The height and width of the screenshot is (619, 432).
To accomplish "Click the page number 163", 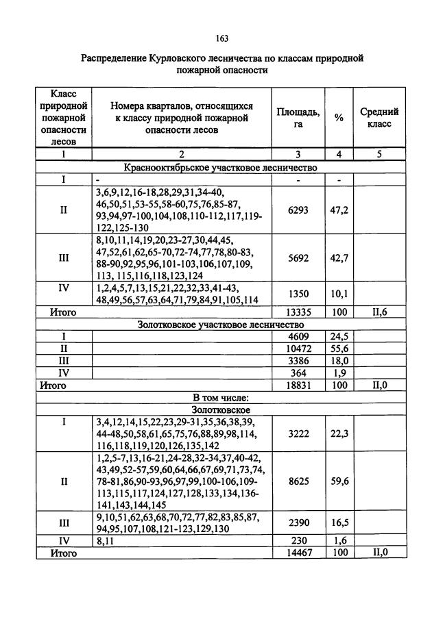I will pyautogui.click(x=221, y=38).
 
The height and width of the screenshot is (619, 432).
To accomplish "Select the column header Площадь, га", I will pyautogui.click(x=298, y=118).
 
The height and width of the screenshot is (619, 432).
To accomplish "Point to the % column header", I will pyautogui.click(x=339, y=118).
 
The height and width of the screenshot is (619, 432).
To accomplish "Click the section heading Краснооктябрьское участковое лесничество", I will pyautogui.click(x=220, y=167).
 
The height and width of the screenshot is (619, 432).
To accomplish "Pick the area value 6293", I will pyautogui.click(x=298, y=210).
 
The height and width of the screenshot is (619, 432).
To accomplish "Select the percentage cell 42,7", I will pyautogui.click(x=339, y=258).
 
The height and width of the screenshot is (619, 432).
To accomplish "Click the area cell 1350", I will pyautogui.click(x=298, y=294).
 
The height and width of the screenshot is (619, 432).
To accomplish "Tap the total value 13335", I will pyautogui.click(x=298, y=312).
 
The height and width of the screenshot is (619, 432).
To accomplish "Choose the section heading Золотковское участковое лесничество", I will pyautogui.click(x=220, y=325).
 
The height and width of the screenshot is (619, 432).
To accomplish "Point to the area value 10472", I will pyautogui.click(x=298, y=349).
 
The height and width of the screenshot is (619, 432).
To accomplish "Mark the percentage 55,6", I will pyautogui.click(x=339, y=349).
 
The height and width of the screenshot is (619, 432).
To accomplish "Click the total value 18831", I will pyautogui.click(x=298, y=386).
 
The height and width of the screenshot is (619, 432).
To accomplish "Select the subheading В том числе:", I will pyautogui.click(x=220, y=398).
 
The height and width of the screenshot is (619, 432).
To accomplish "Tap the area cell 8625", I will pyautogui.click(x=298, y=481).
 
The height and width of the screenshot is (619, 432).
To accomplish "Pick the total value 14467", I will pyautogui.click(x=298, y=552).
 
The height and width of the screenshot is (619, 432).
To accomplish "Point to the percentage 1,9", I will pyautogui.click(x=339, y=373).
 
